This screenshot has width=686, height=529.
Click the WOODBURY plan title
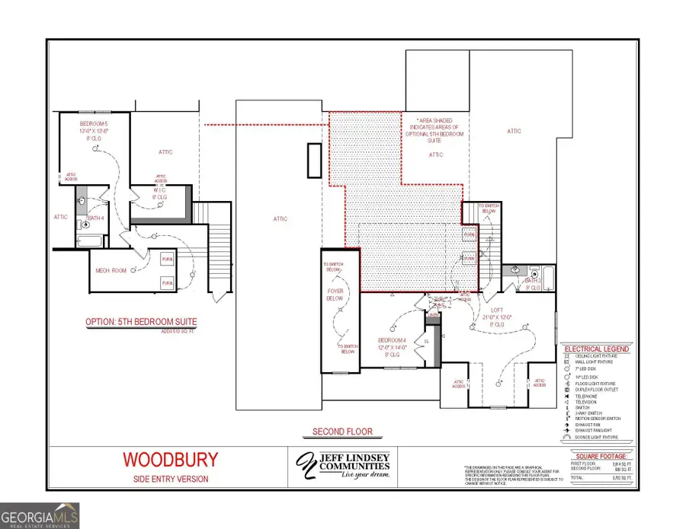[x=171, y=459]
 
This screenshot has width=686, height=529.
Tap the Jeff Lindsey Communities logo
[x=343, y=464]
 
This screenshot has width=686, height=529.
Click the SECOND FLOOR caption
[x=342, y=432]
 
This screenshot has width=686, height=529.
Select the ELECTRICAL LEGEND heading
[x=597, y=349]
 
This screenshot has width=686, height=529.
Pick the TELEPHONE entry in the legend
[x=587, y=396]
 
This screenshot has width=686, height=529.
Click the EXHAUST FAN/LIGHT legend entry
[x=594, y=431]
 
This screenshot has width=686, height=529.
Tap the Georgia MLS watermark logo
[x=40, y=514]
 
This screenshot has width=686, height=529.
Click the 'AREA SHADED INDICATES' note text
[x=434, y=126]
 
